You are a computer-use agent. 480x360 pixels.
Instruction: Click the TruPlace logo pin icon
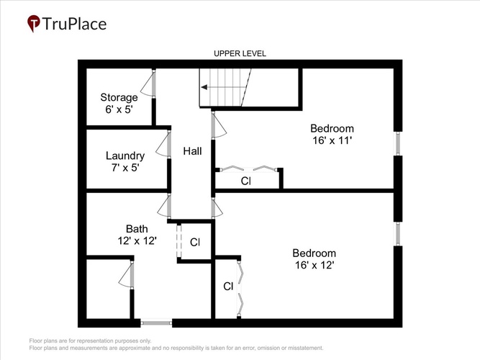(x=34, y=23)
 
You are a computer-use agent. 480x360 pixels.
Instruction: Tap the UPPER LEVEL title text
(x=240, y=53)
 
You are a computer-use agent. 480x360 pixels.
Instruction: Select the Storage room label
(x=119, y=97)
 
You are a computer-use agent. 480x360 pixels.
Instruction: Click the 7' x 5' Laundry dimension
(x=125, y=168)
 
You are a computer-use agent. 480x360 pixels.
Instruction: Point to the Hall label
(x=192, y=151)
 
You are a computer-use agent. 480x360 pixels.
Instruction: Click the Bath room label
(x=137, y=229)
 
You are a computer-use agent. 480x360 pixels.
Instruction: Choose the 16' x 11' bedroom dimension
(x=332, y=140)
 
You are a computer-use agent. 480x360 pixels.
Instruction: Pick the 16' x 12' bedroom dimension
(x=314, y=265)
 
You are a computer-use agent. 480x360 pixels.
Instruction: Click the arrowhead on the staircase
(x=204, y=87)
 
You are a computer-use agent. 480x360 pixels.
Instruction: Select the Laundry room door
(x=163, y=144)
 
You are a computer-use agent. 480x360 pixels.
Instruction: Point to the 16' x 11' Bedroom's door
(x=219, y=125)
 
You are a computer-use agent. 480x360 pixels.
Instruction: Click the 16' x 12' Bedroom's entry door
(x=217, y=208)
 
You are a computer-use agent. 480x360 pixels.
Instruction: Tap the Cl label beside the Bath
(x=195, y=243)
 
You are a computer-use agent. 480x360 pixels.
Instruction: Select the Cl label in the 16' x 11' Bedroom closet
(x=246, y=181)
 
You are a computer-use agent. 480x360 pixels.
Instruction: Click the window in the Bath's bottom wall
(x=156, y=323)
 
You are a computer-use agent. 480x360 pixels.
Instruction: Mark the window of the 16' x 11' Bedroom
(x=398, y=143)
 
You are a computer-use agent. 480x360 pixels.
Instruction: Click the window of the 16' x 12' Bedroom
(x=398, y=233)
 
